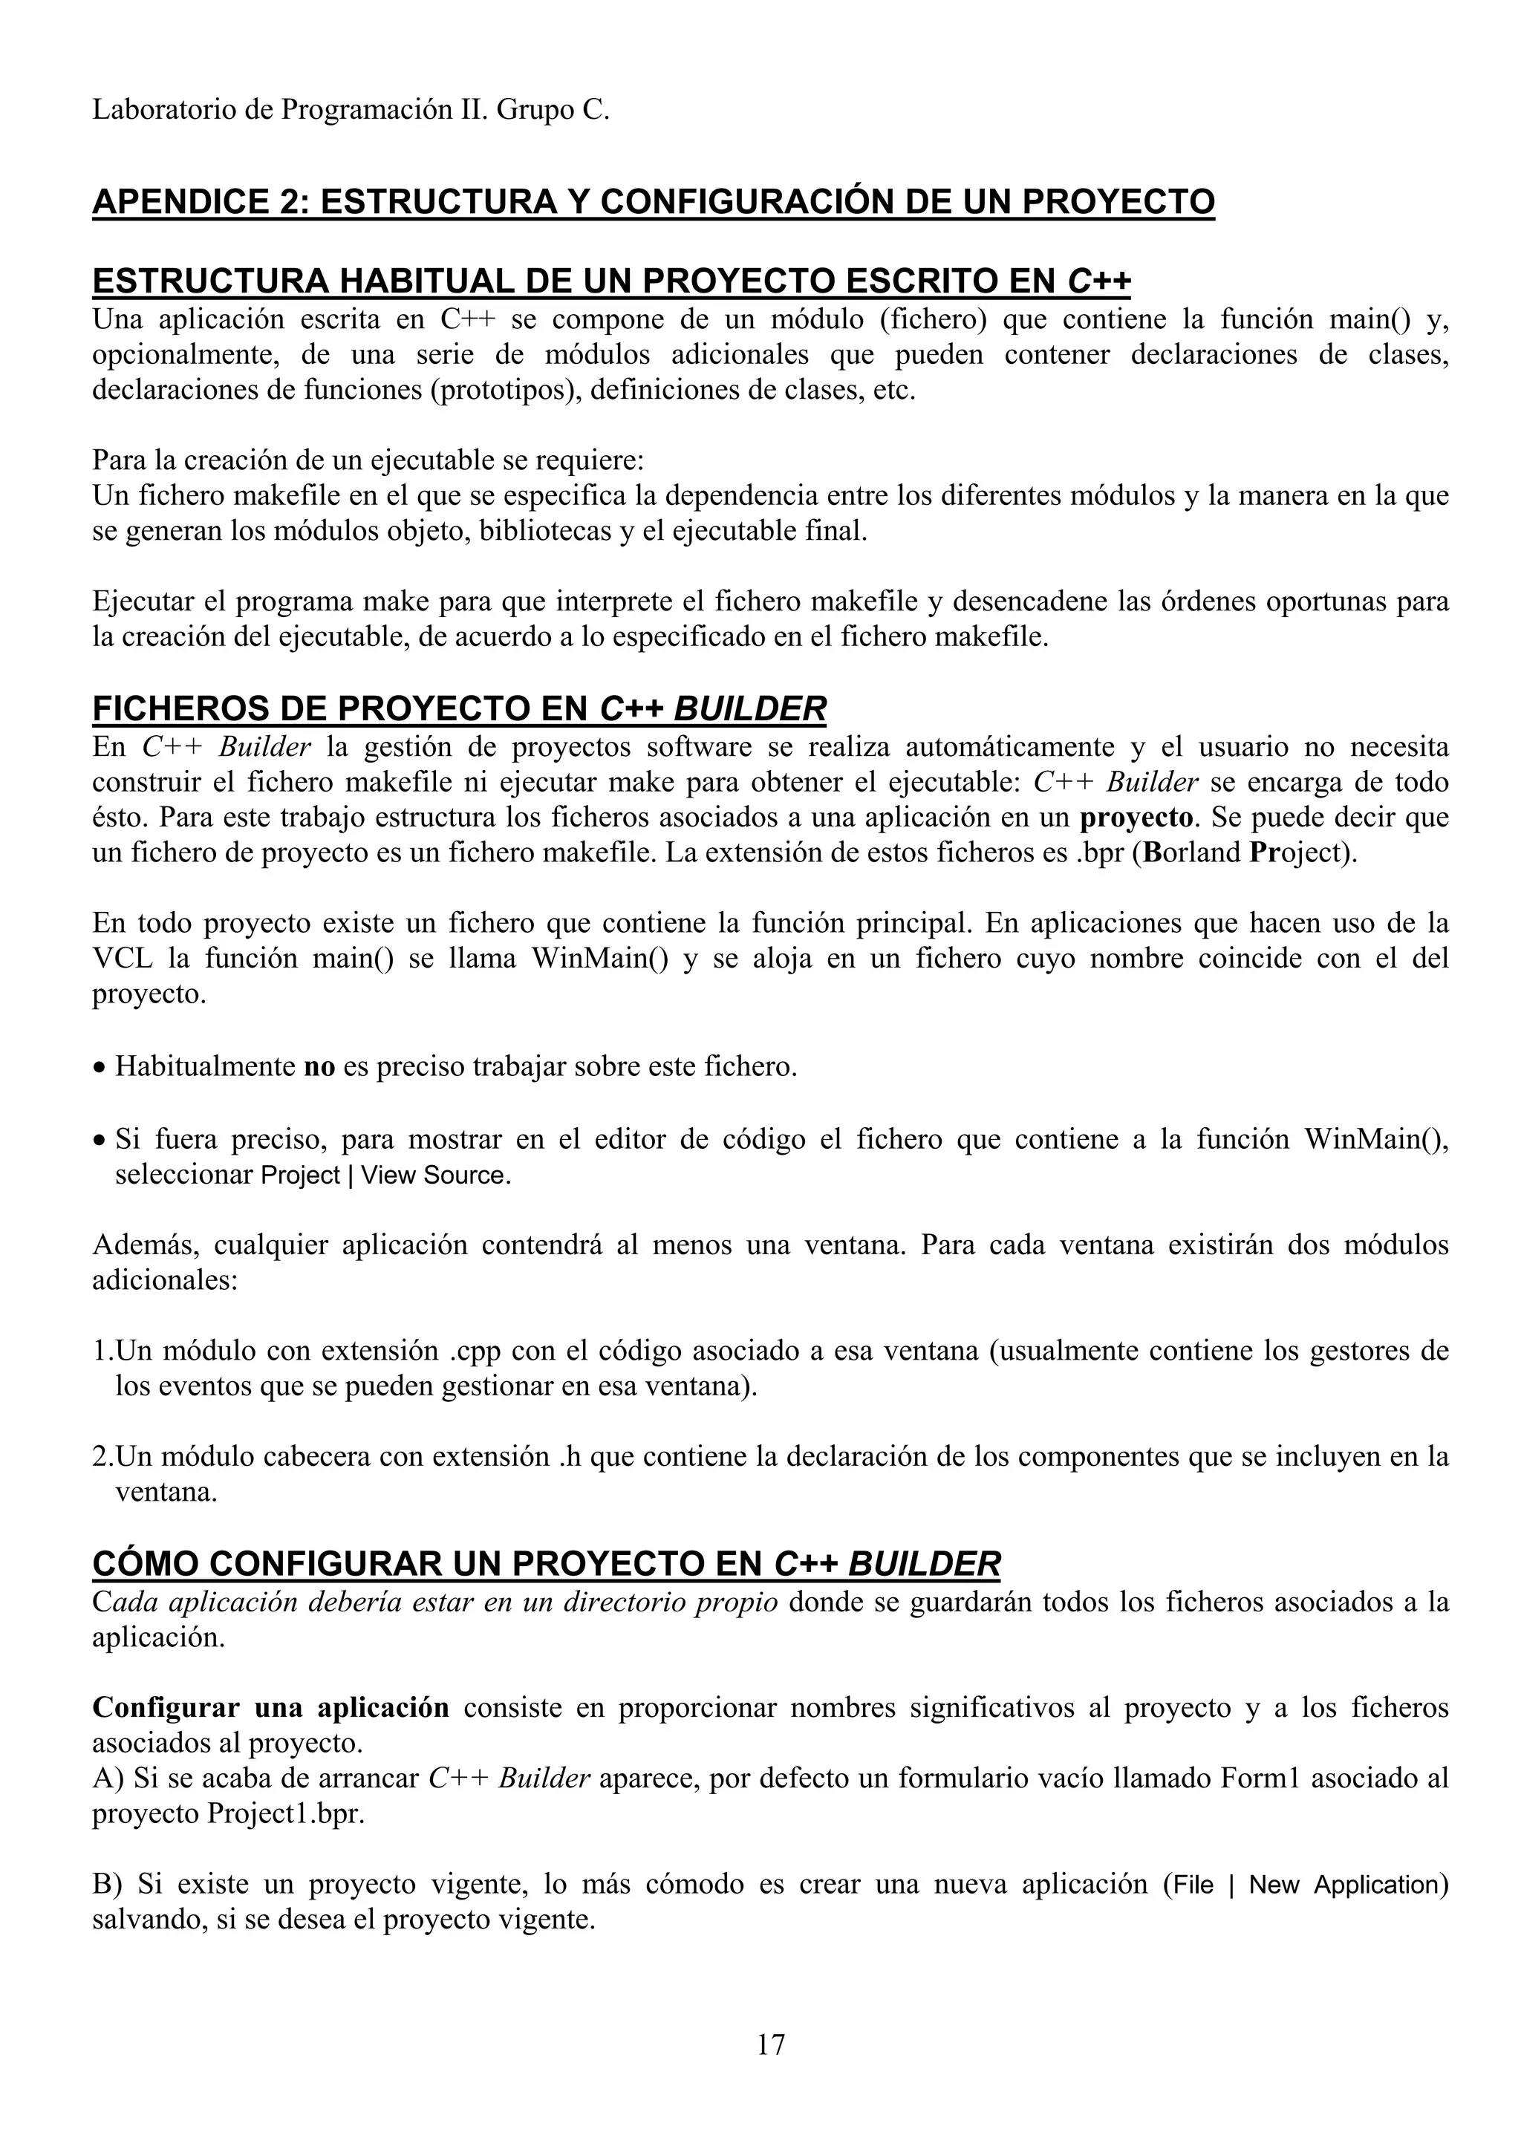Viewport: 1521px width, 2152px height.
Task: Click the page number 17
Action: [x=770, y=2044]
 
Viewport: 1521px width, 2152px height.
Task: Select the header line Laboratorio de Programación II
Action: [x=351, y=111]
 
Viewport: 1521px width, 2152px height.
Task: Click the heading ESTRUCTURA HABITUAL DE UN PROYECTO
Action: [x=611, y=281]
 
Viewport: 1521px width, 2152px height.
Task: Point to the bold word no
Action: [x=319, y=1066]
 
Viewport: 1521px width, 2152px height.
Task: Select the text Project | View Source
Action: [x=385, y=1176]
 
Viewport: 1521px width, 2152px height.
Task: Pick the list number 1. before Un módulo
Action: [x=102, y=1351]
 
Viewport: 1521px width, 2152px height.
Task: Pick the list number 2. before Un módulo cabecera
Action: [x=102, y=1456]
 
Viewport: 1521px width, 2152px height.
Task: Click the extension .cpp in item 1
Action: [x=475, y=1351]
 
